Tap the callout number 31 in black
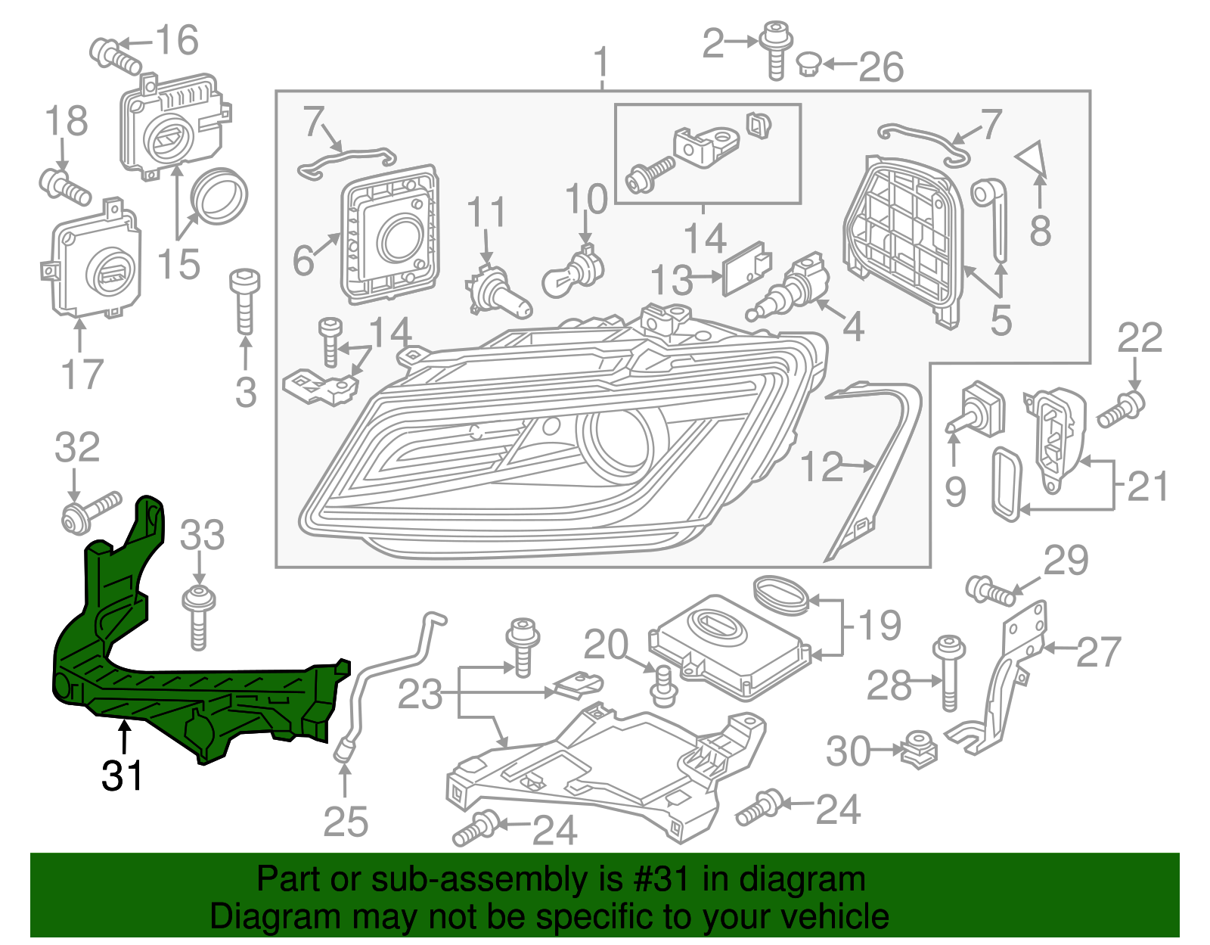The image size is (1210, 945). pos(123,776)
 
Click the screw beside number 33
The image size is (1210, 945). pos(199,617)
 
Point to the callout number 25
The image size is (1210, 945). pos(346,822)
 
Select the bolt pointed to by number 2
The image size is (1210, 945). pos(775,48)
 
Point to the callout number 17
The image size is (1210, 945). pos(82,375)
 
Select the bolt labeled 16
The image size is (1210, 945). pos(114,54)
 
